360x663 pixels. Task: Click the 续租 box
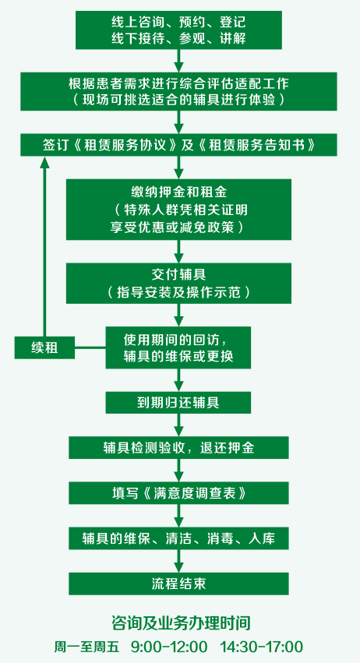click(44, 347)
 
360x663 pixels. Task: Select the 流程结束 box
click(178, 584)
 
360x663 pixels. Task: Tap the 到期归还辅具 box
click(178, 402)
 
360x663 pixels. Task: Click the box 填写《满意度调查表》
click(178, 492)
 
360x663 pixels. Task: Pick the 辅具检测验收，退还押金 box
click(178, 447)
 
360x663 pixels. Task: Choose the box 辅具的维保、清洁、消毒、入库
click(178, 538)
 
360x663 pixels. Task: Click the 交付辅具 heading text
click(178, 275)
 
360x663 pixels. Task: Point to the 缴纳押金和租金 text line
click(178, 192)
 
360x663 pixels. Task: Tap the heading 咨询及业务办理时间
click(181, 622)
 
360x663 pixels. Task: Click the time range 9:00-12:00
click(169, 647)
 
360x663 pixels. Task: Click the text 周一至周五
click(86, 647)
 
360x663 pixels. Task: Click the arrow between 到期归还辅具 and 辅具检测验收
click(178, 425)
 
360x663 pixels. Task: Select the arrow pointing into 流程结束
click(178, 561)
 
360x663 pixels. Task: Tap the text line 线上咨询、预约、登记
click(178, 22)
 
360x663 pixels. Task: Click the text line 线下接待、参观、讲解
click(178, 38)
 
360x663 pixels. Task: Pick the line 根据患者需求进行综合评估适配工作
click(178, 83)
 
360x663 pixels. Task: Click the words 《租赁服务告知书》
click(257, 145)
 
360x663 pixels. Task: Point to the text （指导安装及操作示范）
click(178, 292)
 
